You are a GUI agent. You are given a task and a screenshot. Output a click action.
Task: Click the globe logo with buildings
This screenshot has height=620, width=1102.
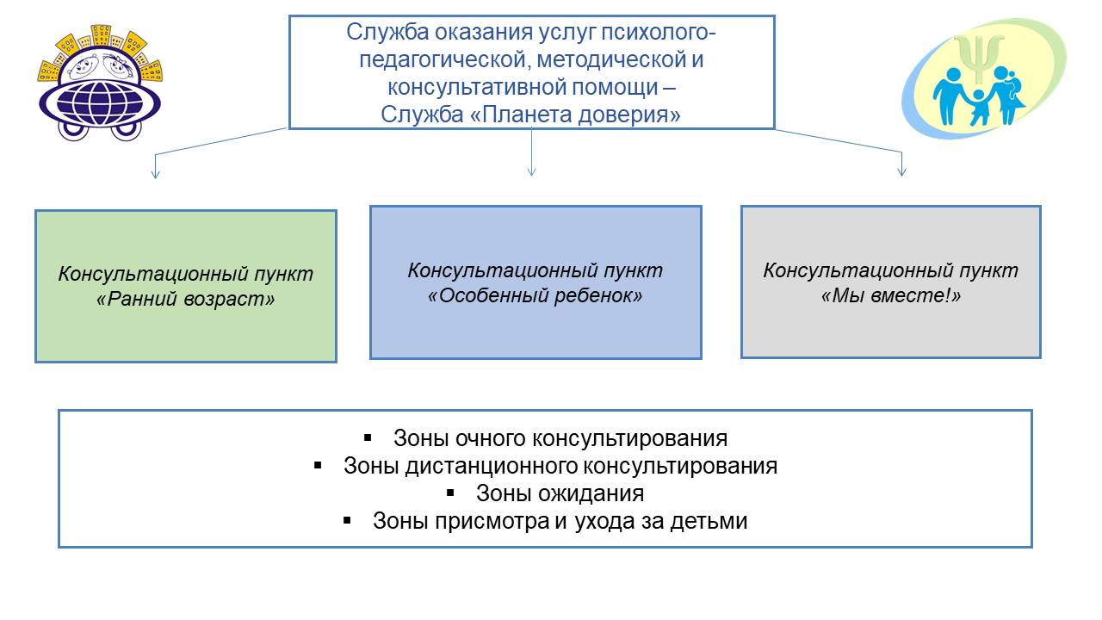(99, 82)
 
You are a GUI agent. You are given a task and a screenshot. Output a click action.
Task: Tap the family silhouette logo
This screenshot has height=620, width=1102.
(983, 78)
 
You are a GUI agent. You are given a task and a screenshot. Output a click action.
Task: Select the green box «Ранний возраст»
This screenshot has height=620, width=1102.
(186, 287)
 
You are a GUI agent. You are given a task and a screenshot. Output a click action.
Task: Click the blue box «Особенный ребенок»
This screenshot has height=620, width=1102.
(536, 282)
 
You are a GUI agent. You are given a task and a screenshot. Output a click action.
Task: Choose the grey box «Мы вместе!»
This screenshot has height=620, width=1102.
(891, 282)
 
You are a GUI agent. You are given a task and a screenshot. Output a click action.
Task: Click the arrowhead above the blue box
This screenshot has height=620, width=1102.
(531, 170)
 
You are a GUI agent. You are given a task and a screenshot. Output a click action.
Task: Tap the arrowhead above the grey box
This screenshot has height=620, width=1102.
(901, 170)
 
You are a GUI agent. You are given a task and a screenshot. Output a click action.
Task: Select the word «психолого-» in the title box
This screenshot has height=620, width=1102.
(659, 33)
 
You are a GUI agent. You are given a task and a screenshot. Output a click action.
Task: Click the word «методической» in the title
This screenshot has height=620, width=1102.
(610, 59)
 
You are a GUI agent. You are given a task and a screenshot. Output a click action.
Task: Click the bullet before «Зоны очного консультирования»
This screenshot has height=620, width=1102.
(368, 437)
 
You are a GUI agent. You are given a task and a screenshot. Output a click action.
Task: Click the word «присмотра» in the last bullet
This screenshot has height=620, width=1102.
(492, 522)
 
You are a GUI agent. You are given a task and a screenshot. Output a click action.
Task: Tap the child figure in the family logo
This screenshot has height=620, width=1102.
(979, 107)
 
